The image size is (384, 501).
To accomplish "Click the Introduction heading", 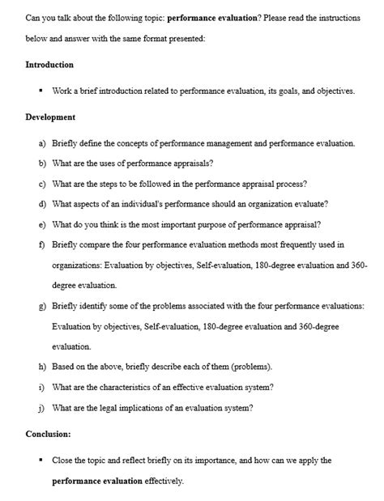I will click(49, 65).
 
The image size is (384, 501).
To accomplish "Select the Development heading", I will click(50, 117).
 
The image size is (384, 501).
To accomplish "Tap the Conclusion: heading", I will click(48, 433).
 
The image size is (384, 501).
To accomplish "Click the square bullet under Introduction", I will click(40, 91).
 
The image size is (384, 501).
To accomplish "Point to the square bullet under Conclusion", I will click(40, 460).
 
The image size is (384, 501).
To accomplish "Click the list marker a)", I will click(42, 143).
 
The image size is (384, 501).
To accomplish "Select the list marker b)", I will click(42, 163).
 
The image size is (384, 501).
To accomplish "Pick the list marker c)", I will click(42, 184).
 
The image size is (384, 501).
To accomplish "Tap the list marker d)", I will click(42, 204).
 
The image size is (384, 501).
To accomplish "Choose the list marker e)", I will click(42, 224).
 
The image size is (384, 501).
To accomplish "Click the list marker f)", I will click(42, 244).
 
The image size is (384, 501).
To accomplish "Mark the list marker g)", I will click(42, 306).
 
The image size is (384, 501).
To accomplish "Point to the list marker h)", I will click(42, 367).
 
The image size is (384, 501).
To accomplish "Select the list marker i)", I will click(42, 387).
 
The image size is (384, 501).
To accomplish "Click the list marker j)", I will click(42, 408).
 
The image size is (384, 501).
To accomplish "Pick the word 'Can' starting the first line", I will click(33, 17).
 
